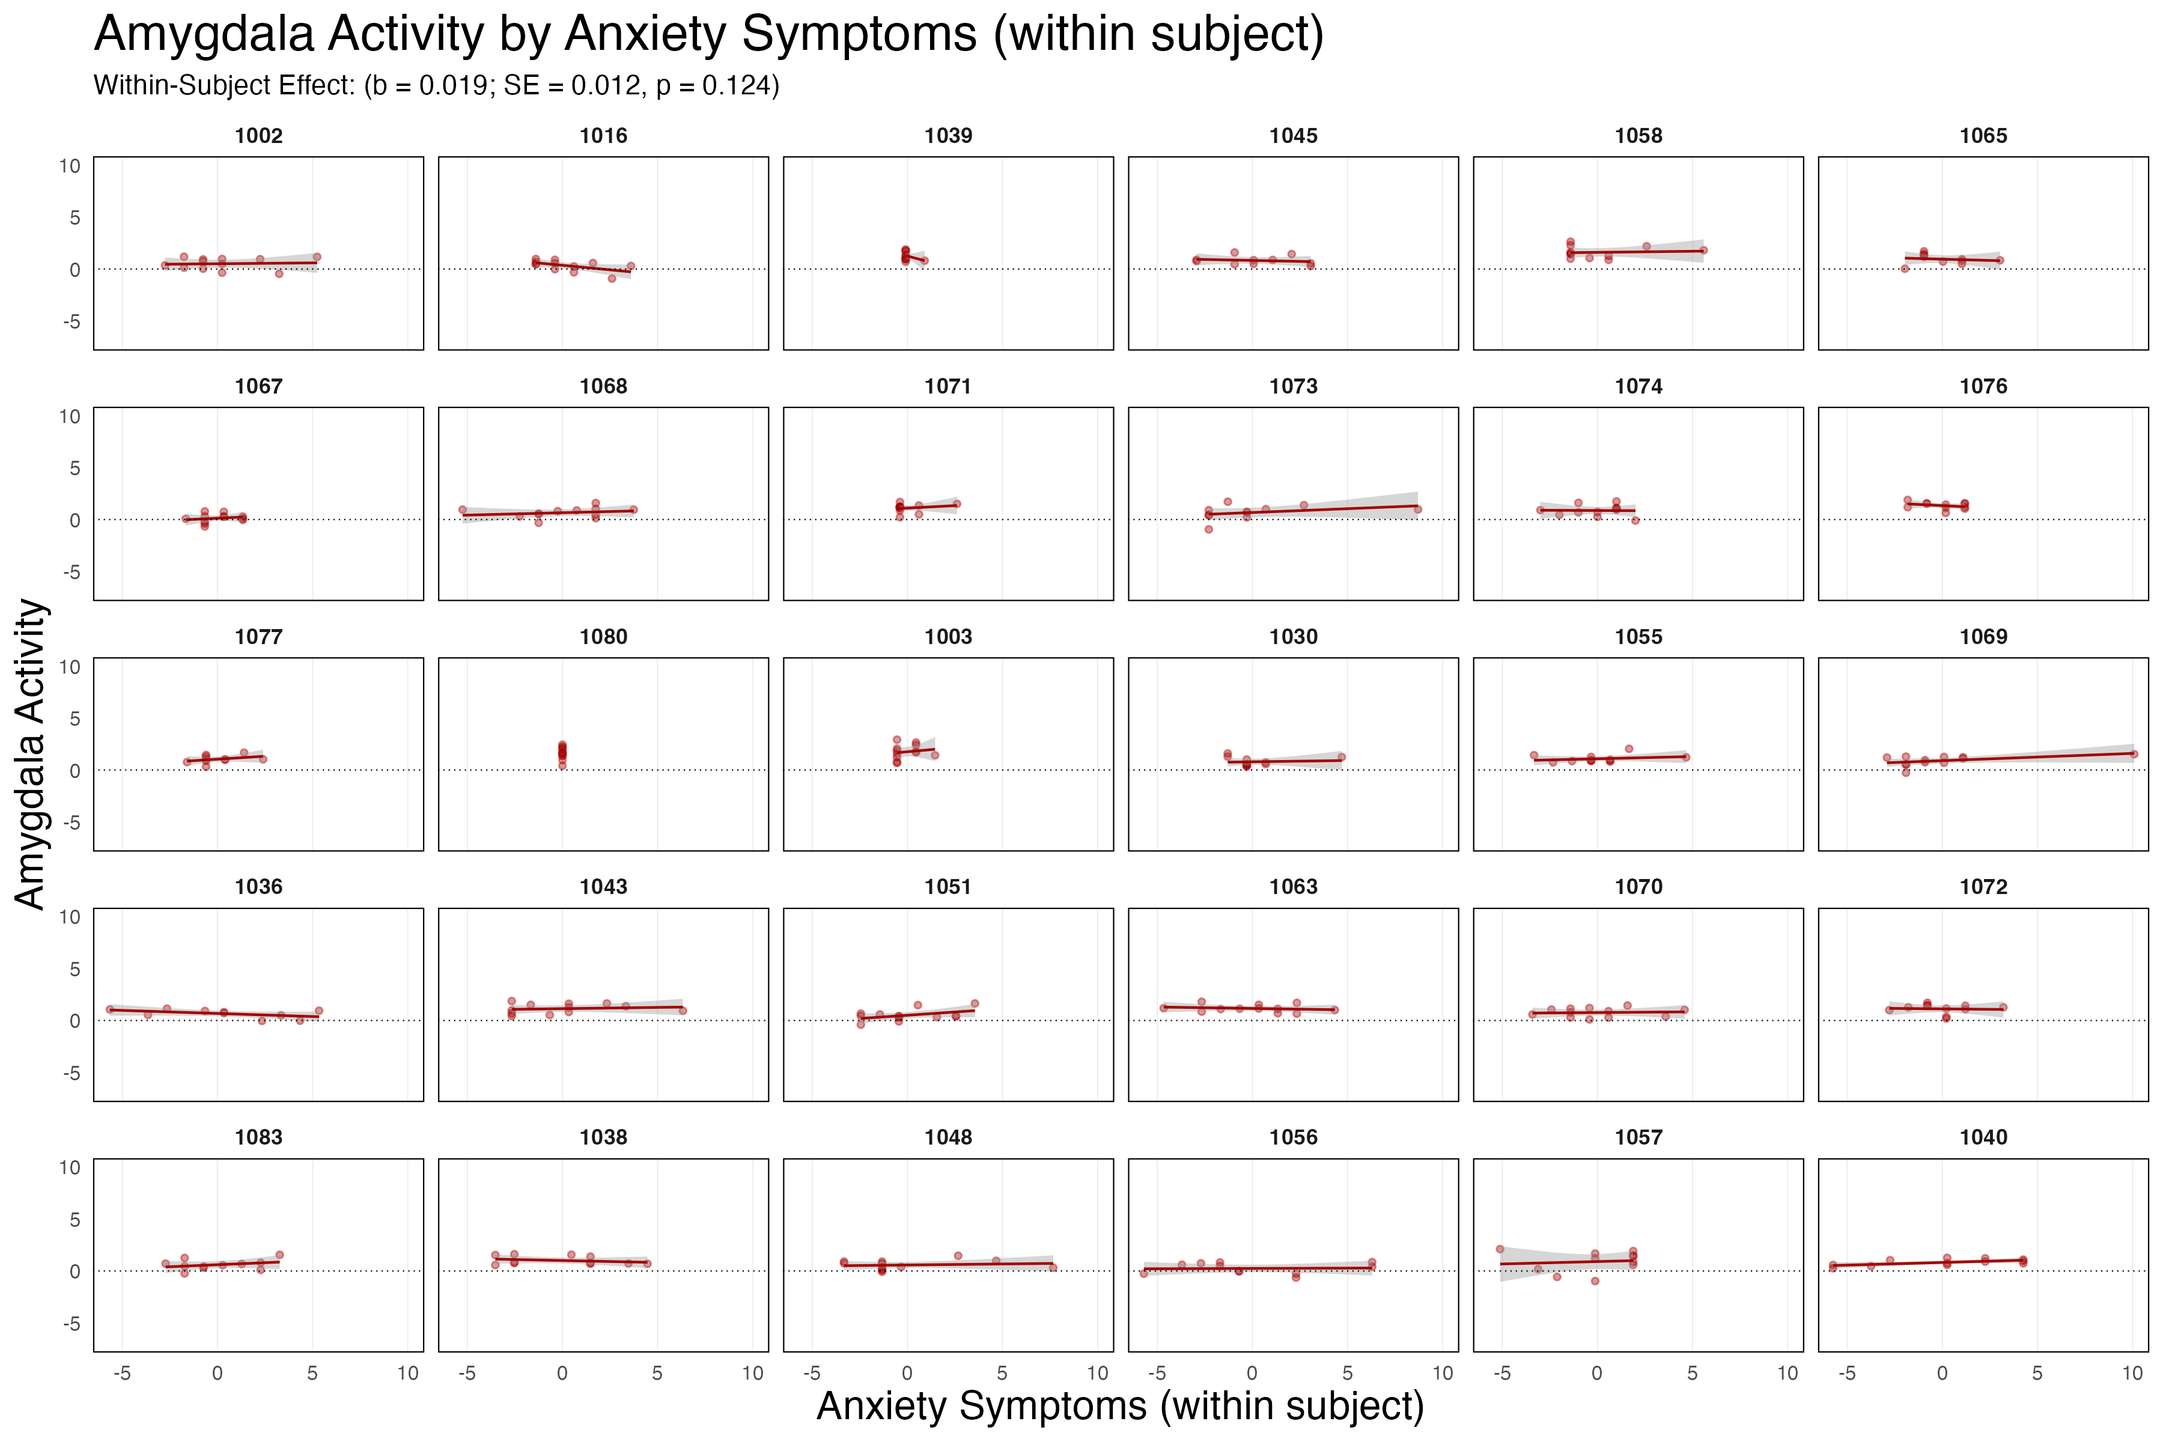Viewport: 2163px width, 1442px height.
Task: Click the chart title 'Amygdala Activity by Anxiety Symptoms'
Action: [x=708, y=35]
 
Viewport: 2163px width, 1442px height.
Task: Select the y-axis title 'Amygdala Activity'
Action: [x=31, y=754]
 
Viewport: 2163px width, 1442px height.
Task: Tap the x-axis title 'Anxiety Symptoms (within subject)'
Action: [x=1120, y=1406]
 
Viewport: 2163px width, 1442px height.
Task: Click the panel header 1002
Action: [x=258, y=136]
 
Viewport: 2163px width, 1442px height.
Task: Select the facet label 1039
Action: [x=948, y=136]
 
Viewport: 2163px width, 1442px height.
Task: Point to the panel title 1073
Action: [x=1293, y=386]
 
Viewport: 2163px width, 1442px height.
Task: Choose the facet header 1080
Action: [x=603, y=636]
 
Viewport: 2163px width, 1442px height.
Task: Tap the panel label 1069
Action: [x=1983, y=636]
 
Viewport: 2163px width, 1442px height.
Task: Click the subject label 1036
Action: [x=258, y=887]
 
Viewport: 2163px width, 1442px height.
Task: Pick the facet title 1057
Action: [x=1638, y=1137]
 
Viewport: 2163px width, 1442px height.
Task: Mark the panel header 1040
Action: [x=1983, y=1137]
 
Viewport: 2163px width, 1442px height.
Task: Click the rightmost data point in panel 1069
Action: [x=2134, y=754]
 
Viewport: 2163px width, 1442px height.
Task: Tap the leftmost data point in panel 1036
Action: [x=109, y=1009]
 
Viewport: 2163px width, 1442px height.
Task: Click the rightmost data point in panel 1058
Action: [x=1703, y=250]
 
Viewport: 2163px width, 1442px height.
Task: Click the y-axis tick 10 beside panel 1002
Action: [x=70, y=166]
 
